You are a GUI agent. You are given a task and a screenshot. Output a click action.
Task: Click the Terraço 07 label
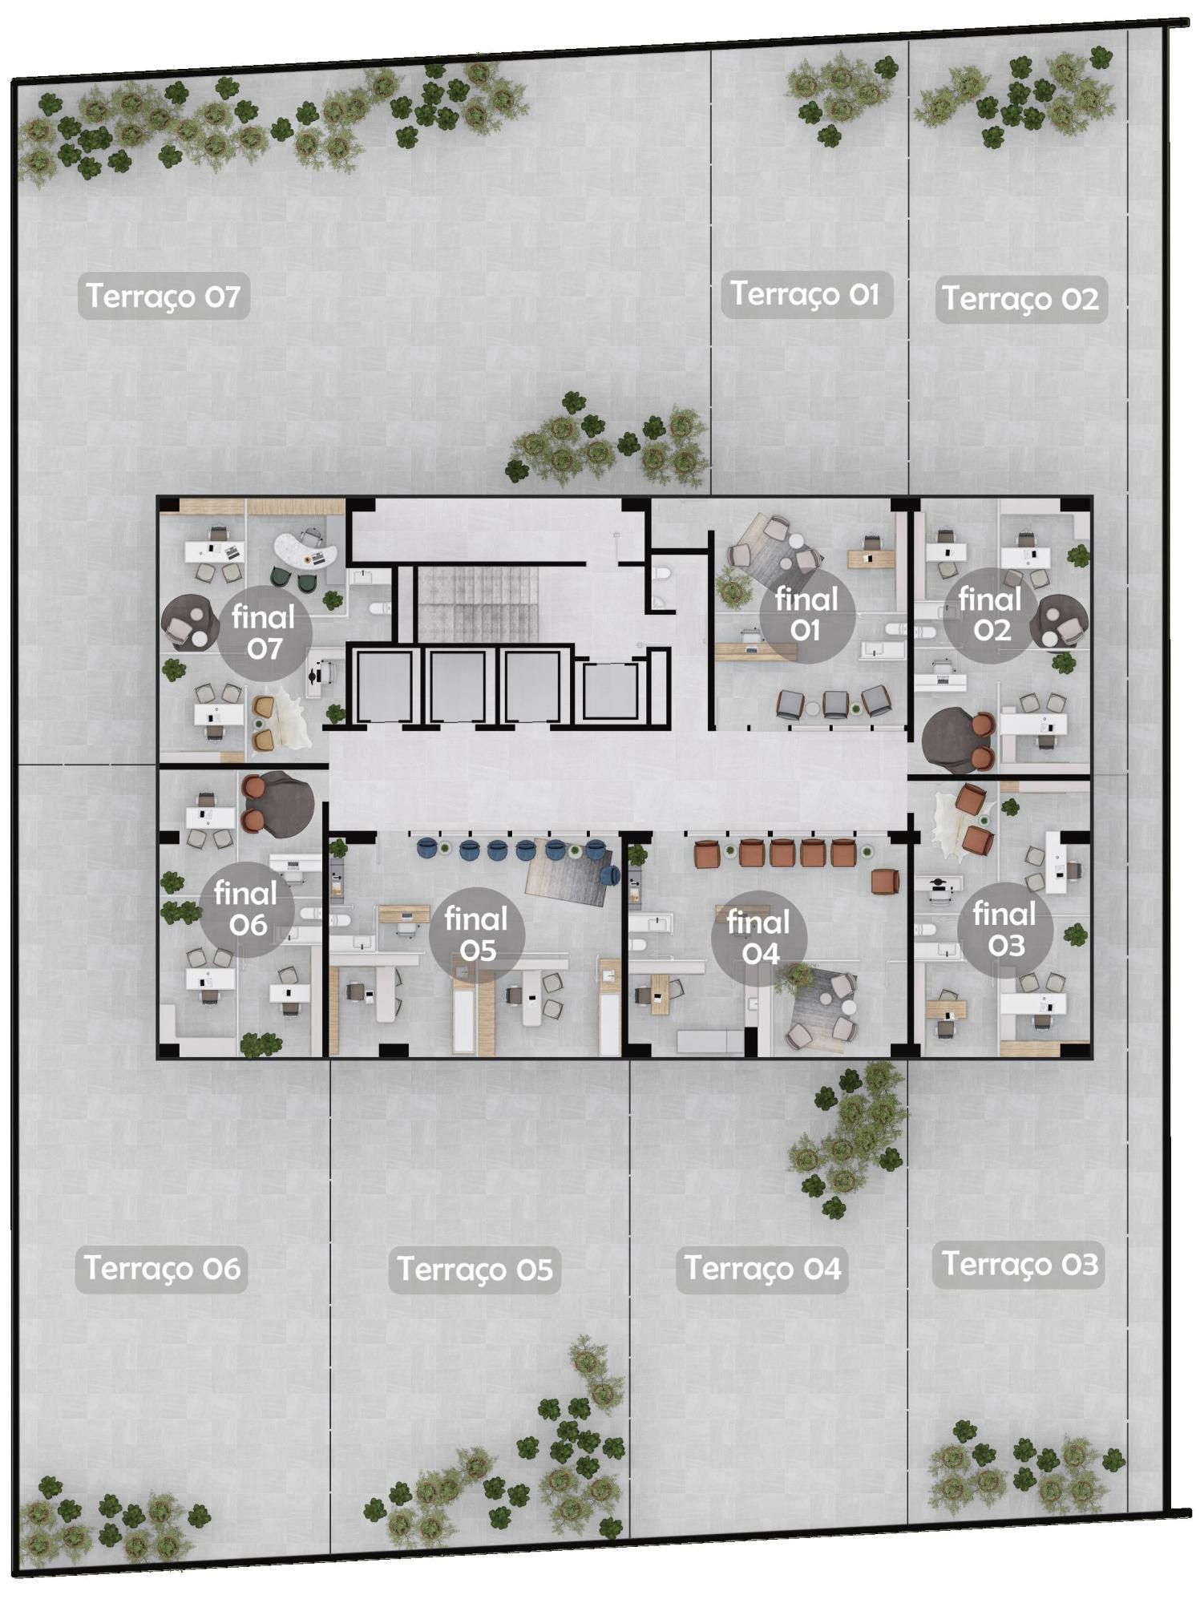(164, 296)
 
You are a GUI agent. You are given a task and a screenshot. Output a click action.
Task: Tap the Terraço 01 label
(806, 294)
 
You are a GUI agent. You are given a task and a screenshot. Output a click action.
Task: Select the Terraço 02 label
(1020, 299)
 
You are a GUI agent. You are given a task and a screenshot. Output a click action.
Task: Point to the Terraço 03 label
(1018, 1264)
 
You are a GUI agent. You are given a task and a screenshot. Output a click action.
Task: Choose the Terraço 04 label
(762, 1269)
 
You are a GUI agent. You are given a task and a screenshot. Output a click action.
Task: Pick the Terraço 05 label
(475, 1270)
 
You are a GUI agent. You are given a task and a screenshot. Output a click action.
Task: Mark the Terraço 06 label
(162, 1268)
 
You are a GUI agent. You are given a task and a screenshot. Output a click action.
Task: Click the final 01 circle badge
(806, 615)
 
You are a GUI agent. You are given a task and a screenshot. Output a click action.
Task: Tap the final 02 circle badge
(991, 615)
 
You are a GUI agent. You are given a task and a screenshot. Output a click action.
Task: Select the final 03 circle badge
(1005, 930)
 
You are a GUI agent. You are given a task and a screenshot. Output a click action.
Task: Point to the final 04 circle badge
(759, 938)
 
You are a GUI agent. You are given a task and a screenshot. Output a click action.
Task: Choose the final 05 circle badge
(477, 935)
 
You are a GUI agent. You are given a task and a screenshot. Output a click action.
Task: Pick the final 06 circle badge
(247, 909)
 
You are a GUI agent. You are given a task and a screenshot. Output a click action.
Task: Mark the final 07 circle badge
(265, 633)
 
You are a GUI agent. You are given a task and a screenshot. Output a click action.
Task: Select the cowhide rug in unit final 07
(281, 717)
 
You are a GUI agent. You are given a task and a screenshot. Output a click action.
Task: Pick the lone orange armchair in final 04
(886, 881)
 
